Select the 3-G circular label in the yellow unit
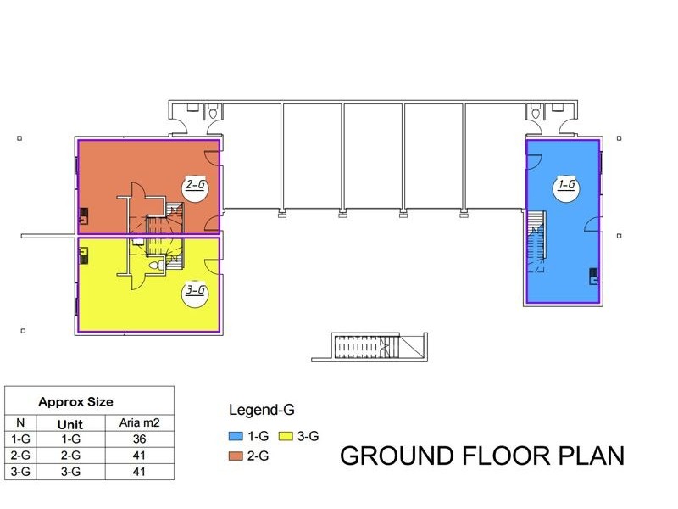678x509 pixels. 195,294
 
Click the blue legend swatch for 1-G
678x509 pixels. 236,436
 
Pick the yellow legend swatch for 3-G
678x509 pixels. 286,436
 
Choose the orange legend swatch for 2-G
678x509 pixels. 236,456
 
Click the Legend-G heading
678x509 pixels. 262,410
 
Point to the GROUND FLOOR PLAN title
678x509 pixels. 482,456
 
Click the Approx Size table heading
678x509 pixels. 75,402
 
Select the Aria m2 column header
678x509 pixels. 139,422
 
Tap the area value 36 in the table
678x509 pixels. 139,439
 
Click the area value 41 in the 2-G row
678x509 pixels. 139,456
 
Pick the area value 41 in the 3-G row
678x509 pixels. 139,472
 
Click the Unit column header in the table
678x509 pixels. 70,424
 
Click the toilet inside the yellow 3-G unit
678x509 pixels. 156,265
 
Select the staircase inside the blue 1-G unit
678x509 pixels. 536,241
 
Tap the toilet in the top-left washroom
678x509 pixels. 213,112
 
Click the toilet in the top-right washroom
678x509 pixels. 536,112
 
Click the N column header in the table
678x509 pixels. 20,422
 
